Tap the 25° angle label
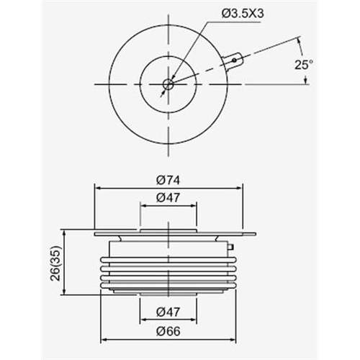point(303,65)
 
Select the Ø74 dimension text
point(168,179)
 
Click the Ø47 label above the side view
point(168,197)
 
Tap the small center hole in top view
point(168,84)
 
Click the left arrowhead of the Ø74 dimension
point(97,189)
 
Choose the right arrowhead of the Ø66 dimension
point(234,339)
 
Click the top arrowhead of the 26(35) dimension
point(66,233)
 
